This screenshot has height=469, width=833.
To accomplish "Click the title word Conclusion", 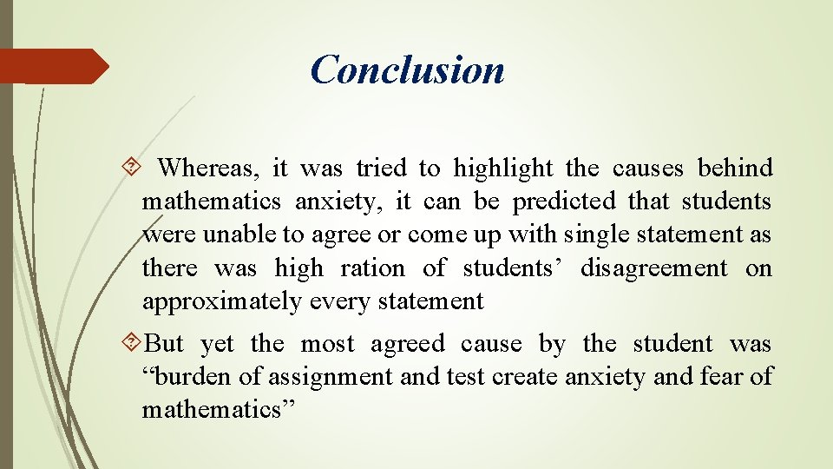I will (x=407, y=69).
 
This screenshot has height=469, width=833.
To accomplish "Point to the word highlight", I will (x=503, y=167).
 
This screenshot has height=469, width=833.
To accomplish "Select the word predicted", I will (x=575, y=201).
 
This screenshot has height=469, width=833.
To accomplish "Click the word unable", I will (x=232, y=234).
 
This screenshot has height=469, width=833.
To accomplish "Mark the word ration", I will (x=371, y=268).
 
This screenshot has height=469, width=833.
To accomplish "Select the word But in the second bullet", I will (x=164, y=344).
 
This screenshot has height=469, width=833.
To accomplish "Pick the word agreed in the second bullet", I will (x=408, y=344).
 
